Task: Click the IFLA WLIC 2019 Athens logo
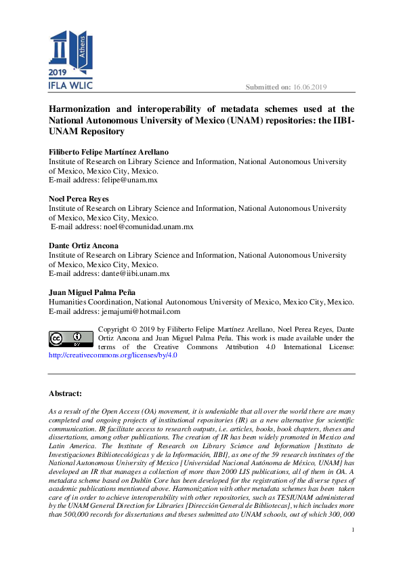pyautogui.click(x=70, y=60)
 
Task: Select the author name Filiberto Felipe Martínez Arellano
pyautogui.click(x=109, y=153)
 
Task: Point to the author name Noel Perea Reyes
pyautogui.click(x=79, y=199)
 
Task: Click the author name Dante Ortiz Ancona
pyautogui.click(x=83, y=245)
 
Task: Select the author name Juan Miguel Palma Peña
pyautogui.click(x=96, y=292)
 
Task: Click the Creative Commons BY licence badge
pyautogui.click(x=70, y=338)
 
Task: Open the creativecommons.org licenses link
pyautogui.click(x=112, y=355)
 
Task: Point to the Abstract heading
pyautogui.click(x=65, y=393)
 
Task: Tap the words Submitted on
pyautogui.click(x=268, y=87)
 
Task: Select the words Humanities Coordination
pyautogui.click(x=90, y=302)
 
